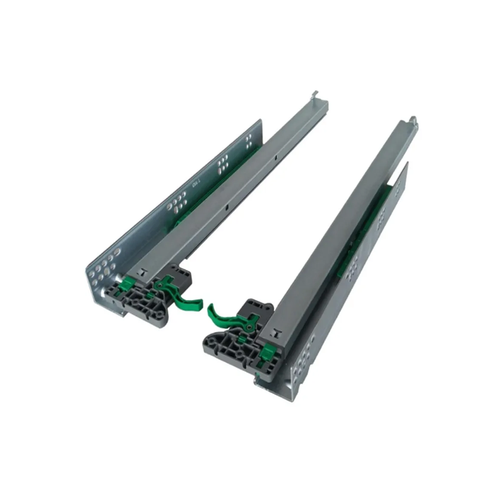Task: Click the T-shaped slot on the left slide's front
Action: click(142, 272)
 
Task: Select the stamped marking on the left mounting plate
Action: click(196, 183)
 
